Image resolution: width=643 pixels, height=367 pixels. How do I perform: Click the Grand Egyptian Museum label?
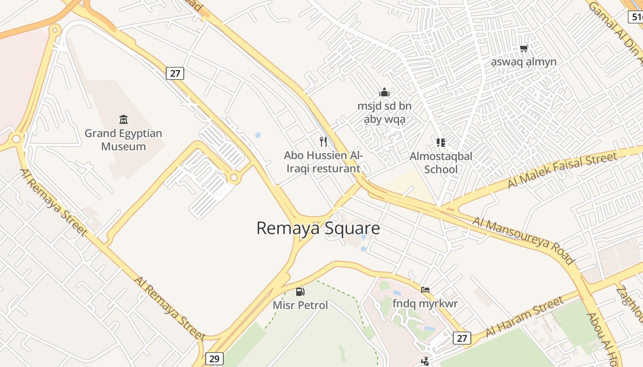click(x=123, y=140)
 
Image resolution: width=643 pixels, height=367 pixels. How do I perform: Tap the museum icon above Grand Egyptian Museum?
click(x=123, y=120)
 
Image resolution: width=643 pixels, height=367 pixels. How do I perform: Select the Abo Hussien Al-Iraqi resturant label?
click(x=323, y=162)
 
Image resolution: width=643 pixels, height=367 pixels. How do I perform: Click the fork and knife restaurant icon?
click(x=323, y=141)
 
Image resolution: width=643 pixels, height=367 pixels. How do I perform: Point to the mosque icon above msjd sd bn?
click(x=384, y=93)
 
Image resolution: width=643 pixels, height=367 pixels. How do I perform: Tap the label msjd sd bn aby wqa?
click(x=384, y=113)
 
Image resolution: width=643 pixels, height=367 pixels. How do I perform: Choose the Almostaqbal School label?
click(x=441, y=162)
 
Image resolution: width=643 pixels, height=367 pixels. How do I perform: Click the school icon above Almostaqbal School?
click(x=441, y=142)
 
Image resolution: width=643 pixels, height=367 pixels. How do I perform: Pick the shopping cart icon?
click(x=524, y=48)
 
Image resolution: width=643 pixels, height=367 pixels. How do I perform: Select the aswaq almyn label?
click(x=524, y=62)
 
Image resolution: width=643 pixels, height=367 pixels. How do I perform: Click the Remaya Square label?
click(x=318, y=228)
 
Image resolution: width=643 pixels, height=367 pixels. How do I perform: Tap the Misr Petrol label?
click(x=300, y=305)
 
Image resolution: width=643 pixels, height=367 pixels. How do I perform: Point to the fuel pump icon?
click(x=300, y=291)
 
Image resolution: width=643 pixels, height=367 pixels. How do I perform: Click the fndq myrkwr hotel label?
click(x=425, y=303)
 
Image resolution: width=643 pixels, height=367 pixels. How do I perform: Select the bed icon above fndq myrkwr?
click(x=425, y=290)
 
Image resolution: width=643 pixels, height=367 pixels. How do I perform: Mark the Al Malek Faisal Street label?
click(x=562, y=170)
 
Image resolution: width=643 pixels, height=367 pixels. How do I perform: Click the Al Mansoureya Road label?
click(x=524, y=240)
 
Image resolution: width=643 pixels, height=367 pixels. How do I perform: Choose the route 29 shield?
click(x=214, y=358)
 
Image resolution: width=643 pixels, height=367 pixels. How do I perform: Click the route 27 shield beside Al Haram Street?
click(x=462, y=338)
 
